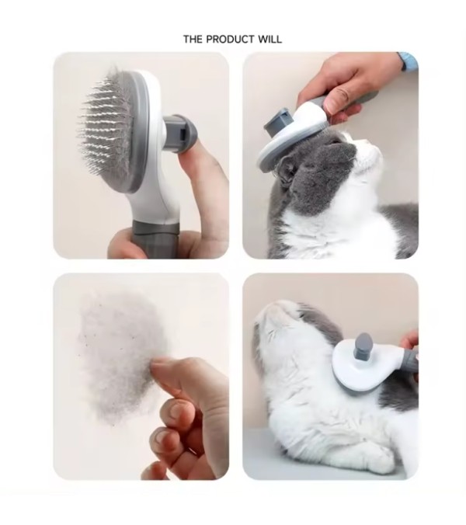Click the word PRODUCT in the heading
230,39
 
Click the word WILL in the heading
270,39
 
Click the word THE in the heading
193,39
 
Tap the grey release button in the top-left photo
181,134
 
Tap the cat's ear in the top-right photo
285,170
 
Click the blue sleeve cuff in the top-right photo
409,61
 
